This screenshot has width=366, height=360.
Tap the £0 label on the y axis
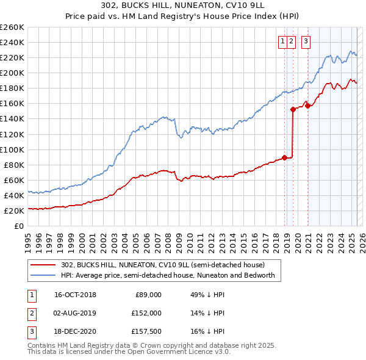coord(18,226)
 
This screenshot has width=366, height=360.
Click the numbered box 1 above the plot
coord(283,41)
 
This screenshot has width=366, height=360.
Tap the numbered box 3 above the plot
coord(305,41)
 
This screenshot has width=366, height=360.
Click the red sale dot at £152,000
coord(293,110)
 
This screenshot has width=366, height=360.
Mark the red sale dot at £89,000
coord(284,157)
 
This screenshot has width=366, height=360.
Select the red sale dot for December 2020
coord(308,106)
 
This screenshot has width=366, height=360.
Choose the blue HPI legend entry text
coord(168,276)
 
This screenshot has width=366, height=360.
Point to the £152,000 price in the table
coord(146,313)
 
